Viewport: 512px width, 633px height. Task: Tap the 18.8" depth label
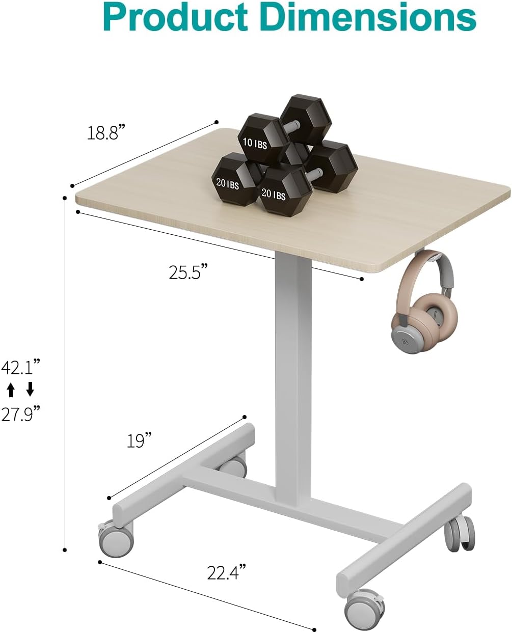click(106, 133)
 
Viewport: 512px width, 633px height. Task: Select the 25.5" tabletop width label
click(189, 272)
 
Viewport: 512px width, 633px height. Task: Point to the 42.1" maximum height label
click(20, 367)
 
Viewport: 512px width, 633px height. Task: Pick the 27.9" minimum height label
click(20, 414)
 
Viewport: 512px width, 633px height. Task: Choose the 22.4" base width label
click(227, 573)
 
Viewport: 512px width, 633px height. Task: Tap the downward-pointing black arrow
click(30, 390)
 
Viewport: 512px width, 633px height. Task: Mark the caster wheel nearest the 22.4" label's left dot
click(116, 541)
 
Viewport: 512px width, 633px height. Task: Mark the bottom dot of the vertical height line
click(65, 549)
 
